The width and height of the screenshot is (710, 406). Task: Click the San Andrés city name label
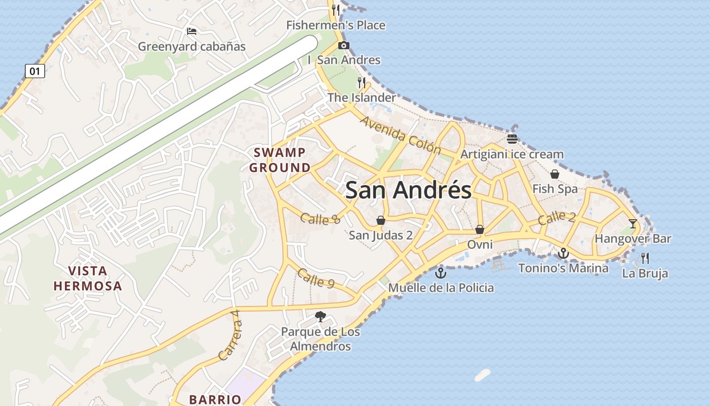tap(408, 191)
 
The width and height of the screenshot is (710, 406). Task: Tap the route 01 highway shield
tap(35, 71)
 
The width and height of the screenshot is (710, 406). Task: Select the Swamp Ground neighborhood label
tap(280, 160)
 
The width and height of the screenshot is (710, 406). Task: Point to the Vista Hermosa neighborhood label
tap(88, 278)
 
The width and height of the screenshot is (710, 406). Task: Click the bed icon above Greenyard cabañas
tap(192, 31)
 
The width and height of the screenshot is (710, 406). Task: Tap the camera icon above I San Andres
tap(344, 45)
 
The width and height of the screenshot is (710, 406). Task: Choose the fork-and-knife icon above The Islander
tap(362, 83)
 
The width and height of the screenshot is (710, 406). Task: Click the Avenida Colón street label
tap(401, 136)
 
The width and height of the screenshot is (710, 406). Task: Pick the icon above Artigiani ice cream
tap(512, 139)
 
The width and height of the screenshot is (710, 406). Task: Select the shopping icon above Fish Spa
tap(555, 174)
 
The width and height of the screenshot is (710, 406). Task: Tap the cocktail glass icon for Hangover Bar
tap(632, 223)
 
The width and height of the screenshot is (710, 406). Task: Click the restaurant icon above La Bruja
tap(645, 258)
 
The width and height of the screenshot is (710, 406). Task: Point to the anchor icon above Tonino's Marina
tap(563, 253)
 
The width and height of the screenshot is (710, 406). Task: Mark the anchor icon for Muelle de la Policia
tap(441, 273)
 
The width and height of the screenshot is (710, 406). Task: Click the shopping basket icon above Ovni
tap(480, 229)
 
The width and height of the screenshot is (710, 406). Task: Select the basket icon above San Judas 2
tap(380, 220)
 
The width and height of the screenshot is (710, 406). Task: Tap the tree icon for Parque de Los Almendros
tap(320, 317)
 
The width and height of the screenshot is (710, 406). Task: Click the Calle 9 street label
tap(315, 278)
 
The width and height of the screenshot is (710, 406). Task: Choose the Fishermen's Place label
tap(336, 25)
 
